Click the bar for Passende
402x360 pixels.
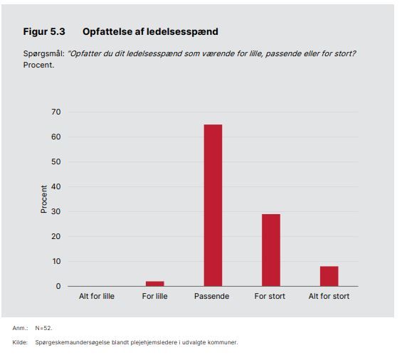(213, 206)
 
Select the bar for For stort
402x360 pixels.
(271, 250)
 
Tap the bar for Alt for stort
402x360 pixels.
(329, 276)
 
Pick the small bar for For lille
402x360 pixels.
(155, 284)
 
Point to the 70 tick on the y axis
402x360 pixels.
(56, 112)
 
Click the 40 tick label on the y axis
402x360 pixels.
(56, 186)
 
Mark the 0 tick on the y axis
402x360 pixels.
(58, 286)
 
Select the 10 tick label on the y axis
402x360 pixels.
(56, 261)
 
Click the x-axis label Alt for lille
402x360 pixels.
(97, 296)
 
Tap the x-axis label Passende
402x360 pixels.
(211, 296)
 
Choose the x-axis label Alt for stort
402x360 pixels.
(329, 296)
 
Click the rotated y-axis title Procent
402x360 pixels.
(44, 199)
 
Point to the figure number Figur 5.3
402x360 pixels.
(44, 31)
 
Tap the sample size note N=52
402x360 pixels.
(43, 328)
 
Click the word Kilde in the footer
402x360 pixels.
(20, 342)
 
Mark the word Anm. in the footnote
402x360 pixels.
(20, 328)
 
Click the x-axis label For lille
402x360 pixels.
(155, 296)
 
